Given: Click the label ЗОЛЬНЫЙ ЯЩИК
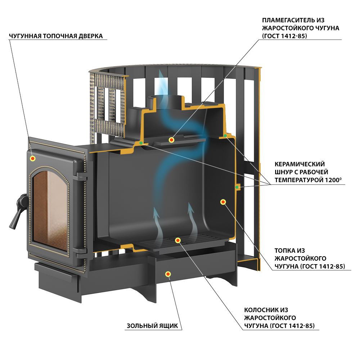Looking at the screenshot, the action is pos(152,325).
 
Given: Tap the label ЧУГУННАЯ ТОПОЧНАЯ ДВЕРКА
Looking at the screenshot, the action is pos(56,36).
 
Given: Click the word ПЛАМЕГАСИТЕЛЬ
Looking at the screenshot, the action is pos(288,20).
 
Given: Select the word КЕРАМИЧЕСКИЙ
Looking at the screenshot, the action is pos(300,164).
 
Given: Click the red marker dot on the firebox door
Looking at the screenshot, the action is pos(33,158).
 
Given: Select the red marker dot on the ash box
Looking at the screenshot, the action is pos(168,274).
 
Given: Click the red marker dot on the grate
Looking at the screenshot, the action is pos(178,240).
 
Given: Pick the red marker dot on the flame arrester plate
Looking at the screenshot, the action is pos(171,140).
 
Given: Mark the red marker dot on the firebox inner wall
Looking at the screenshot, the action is pos(223,202).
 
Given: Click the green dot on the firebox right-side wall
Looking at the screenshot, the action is pos(237,187).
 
